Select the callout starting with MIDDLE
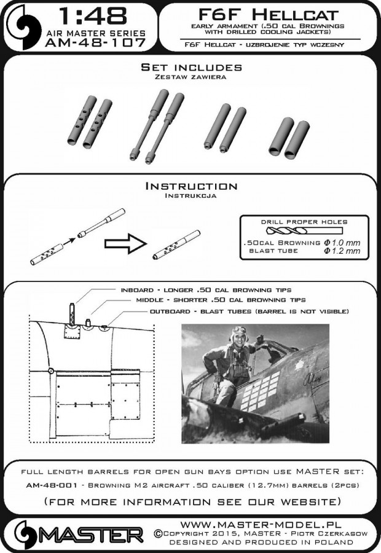click(220, 300)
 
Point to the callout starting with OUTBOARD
click(249, 312)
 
